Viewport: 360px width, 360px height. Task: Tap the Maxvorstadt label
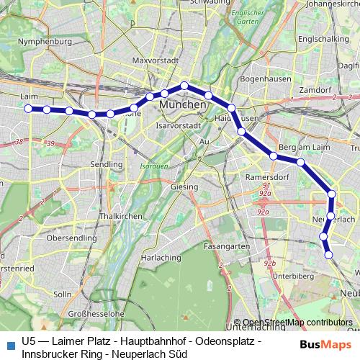pyautogui.click(x=154, y=61)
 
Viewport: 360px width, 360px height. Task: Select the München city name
pyautogui.click(x=183, y=105)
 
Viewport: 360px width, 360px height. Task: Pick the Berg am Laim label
pyautogui.click(x=302, y=146)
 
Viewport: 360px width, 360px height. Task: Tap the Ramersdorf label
pyautogui.click(x=267, y=176)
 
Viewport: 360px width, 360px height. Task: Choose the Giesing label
pyautogui.click(x=184, y=187)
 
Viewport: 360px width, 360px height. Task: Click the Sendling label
pyautogui.click(x=107, y=165)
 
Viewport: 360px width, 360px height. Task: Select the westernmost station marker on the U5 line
pyautogui.click(x=29, y=109)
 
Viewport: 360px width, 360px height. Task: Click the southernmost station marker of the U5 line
pyautogui.click(x=328, y=254)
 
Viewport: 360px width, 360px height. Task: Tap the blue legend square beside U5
pyautogui.click(x=9, y=344)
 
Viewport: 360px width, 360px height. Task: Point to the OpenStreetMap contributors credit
pyautogui.click(x=297, y=323)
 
